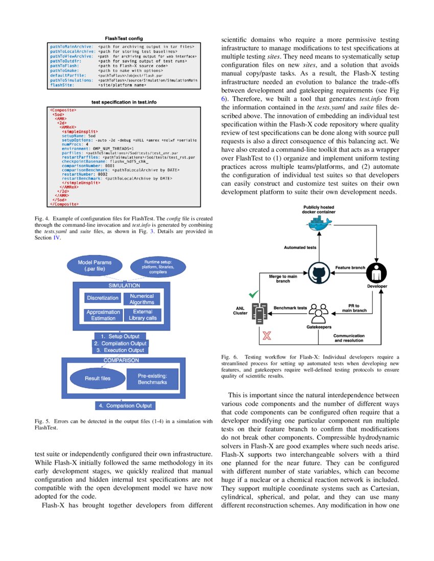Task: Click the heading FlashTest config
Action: click(124, 38)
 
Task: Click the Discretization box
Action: click(103, 298)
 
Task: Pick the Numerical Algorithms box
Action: click(141, 299)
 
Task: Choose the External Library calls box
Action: click(142, 315)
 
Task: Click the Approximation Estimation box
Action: click(103, 315)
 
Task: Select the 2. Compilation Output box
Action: click(121, 343)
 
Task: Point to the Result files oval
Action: click(97, 378)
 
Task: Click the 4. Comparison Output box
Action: click(125, 405)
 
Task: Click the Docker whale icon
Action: click(317, 223)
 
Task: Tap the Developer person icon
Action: click(377, 272)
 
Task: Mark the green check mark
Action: click(253, 295)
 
